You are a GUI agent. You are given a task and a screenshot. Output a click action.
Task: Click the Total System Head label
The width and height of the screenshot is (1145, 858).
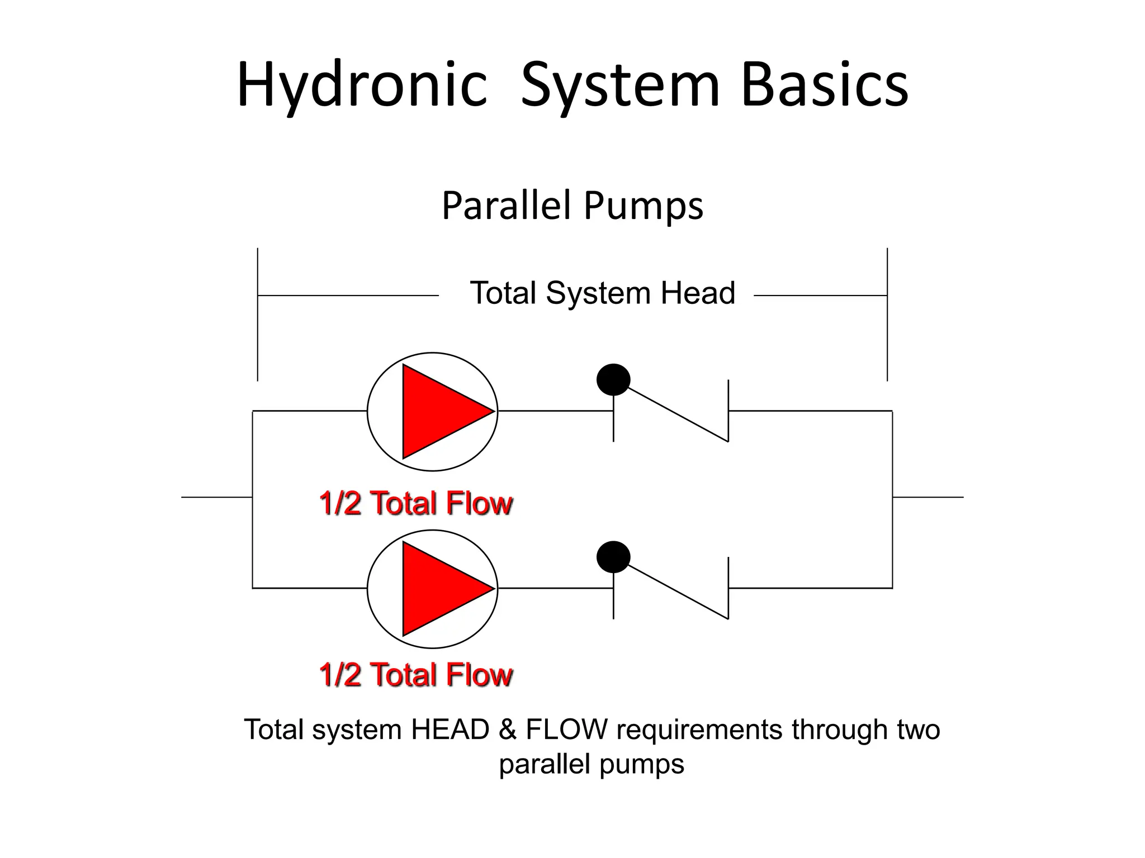click(x=602, y=293)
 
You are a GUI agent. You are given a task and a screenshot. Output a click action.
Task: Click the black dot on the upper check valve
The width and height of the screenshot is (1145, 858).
click(x=613, y=380)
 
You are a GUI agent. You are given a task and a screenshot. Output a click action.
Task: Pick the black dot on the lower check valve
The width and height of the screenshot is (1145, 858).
click(x=613, y=557)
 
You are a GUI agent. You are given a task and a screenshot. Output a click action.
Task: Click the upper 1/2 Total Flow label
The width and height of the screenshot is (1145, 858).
click(x=416, y=503)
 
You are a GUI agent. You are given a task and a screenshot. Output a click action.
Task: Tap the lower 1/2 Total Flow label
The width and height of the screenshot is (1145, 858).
click(x=416, y=674)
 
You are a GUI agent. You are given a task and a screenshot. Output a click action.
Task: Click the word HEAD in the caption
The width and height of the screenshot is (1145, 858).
click(x=450, y=730)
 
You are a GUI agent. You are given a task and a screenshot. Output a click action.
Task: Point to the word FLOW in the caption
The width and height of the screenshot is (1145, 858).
click(x=566, y=730)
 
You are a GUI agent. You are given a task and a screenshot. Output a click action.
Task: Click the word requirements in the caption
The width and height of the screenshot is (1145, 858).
click(x=699, y=730)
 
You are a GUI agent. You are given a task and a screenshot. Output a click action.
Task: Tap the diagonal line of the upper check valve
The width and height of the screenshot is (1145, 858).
click(x=676, y=413)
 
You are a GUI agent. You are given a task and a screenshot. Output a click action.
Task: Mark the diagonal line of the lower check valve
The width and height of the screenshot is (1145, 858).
click(x=676, y=590)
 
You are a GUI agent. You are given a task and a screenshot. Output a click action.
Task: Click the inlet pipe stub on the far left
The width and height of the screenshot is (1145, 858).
click(x=216, y=497)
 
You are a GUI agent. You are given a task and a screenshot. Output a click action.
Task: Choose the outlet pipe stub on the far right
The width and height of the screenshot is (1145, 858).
click(x=928, y=497)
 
